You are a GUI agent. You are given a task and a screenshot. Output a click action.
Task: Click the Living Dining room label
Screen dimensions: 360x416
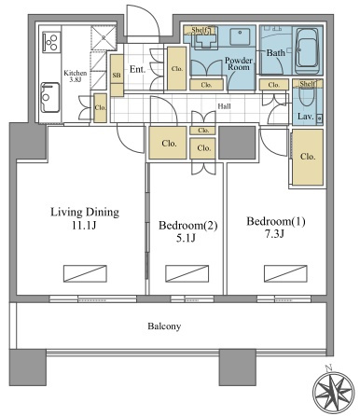(85, 218)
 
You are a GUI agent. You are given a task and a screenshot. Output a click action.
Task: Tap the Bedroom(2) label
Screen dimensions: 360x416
(187, 231)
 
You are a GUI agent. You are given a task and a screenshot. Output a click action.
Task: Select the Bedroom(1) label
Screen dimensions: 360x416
(276, 228)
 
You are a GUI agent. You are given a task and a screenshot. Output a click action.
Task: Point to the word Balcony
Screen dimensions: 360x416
(164, 326)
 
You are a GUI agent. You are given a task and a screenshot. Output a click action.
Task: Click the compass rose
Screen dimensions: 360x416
(333, 391)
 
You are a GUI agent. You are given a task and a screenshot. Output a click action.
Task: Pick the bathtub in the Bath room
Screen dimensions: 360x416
(308, 50)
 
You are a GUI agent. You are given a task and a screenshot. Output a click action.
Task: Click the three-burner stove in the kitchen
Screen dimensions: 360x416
(51, 42)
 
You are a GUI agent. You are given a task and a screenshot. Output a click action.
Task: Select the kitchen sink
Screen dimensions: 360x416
(50, 97)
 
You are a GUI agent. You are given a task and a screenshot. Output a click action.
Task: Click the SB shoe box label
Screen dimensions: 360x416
(117, 76)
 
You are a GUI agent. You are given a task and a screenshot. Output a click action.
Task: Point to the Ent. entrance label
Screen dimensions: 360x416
(137, 69)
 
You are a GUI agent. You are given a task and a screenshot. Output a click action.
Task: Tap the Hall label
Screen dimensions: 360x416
(224, 106)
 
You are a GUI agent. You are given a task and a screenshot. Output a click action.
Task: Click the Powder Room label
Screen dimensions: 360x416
(239, 63)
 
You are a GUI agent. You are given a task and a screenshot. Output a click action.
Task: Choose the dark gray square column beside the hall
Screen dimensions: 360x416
(237, 143)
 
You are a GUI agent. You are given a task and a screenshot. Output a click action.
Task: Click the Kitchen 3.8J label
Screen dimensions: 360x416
(76, 76)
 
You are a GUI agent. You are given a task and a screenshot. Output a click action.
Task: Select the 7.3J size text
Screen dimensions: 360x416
(274, 234)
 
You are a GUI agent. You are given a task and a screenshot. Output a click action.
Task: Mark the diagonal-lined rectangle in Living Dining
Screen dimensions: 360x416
(85, 273)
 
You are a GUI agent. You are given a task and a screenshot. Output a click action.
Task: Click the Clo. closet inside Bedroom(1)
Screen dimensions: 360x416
(308, 158)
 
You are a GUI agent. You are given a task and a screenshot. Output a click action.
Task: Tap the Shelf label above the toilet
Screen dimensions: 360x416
(308, 83)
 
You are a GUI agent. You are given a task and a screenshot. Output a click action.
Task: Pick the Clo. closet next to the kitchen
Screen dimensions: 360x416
(101, 108)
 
